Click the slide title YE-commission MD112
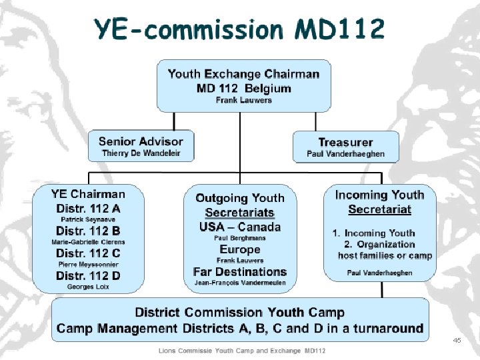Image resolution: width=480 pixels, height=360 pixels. coord(239,29)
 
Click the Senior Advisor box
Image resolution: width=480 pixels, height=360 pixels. coord(140,146)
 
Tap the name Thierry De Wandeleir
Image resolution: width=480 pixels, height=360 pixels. coord(140,153)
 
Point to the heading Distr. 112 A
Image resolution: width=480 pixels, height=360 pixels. coord(88,208)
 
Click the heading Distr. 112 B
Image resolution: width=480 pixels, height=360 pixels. coord(88,231)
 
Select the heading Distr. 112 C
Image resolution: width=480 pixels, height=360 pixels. coord(88,253)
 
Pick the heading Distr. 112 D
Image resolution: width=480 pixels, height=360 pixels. coord(88,275)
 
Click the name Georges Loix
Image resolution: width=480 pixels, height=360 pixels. coord(88,287)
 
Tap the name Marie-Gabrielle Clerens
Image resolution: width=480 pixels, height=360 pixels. coord(88,242)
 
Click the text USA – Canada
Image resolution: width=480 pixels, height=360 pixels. coord(239,227)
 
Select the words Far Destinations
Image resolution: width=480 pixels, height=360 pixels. coord(239,272)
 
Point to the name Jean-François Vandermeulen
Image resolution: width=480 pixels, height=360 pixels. coord(239,283)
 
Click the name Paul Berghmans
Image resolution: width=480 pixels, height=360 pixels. coord(239,238)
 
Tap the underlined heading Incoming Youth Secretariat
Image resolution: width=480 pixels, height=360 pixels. coord(379,202)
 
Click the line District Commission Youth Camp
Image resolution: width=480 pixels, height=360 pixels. coord(240,312)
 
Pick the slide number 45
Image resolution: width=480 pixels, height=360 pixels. coord(457,340)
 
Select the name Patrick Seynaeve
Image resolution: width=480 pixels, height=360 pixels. coord(88,219)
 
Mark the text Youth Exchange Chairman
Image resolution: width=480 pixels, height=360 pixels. coord(243,73)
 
